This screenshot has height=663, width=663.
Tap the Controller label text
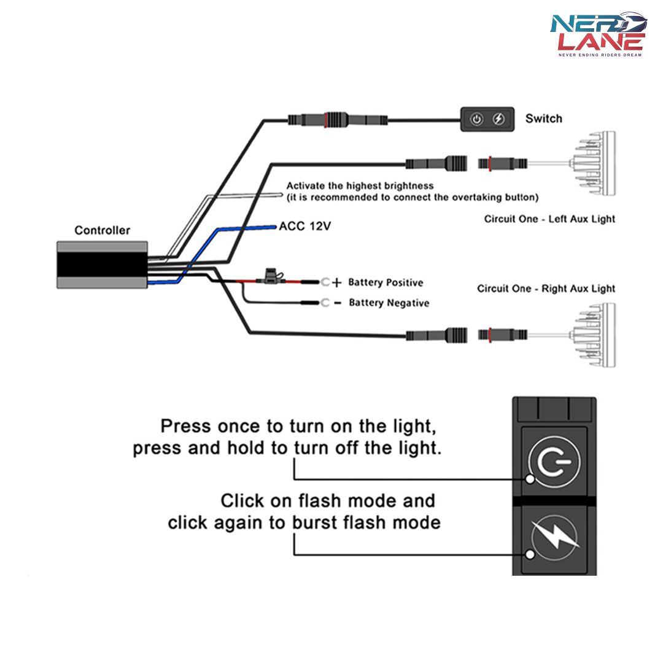(x=103, y=230)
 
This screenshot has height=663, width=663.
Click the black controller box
(x=102, y=265)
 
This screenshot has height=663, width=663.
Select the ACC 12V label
(x=305, y=226)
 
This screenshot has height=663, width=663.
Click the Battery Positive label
(x=386, y=282)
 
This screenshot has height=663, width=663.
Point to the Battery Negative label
(x=389, y=303)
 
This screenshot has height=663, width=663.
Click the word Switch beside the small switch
(x=543, y=118)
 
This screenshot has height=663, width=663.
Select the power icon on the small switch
(x=476, y=119)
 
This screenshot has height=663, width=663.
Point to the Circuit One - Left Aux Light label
(x=549, y=219)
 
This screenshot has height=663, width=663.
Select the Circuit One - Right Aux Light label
(x=546, y=289)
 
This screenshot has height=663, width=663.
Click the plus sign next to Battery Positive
(x=336, y=283)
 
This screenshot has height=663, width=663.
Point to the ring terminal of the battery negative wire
(x=325, y=303)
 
